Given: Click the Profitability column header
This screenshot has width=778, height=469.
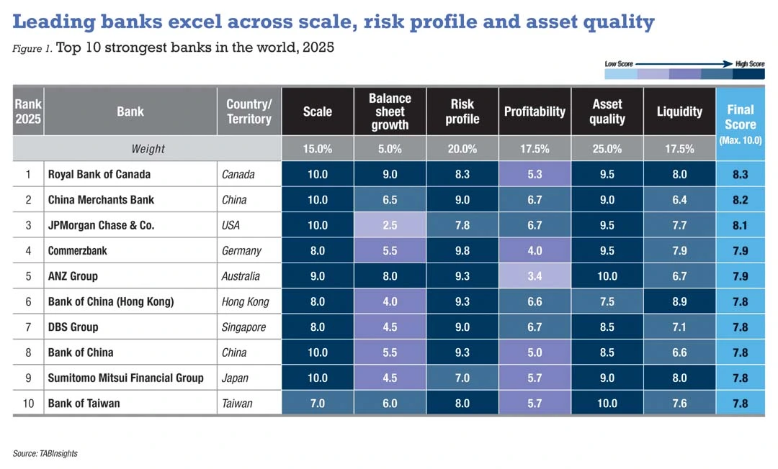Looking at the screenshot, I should [x=535, y=111].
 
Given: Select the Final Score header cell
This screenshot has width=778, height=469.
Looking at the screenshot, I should [x=740, y=116].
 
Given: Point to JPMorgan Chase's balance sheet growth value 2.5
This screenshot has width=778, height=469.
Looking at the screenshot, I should [x=390, y=225].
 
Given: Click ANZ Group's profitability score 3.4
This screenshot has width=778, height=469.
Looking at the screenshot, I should [x=535, y=276].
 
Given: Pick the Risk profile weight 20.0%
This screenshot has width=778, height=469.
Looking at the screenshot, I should [x=462, y=149].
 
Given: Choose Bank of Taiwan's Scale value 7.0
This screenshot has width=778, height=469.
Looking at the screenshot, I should [x=317, y=404].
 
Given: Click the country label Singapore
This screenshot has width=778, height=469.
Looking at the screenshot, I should [x=243, y=327].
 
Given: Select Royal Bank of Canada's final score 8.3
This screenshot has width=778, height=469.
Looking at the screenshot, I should [x=740, y=174].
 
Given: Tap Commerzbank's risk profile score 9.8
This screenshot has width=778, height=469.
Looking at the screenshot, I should [x=462, y=251].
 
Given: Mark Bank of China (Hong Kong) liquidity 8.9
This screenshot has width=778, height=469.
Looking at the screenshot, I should [x=679, y=302].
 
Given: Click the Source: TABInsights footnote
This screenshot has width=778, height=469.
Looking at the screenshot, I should [x=45, y=453].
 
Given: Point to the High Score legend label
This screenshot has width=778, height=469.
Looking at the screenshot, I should [x=749, y=64].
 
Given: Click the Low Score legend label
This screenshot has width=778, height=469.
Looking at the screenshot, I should [x=619, y=64].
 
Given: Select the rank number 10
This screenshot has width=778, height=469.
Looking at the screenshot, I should [x=28, y=404].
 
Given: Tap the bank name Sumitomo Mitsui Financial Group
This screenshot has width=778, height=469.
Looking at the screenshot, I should [x=125, y=378].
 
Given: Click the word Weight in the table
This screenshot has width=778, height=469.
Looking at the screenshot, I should [x=148, y=149].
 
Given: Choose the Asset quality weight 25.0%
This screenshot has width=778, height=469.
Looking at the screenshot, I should [x=607, y=149].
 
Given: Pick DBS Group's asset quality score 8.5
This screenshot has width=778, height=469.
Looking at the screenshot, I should [x=607, y=327].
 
